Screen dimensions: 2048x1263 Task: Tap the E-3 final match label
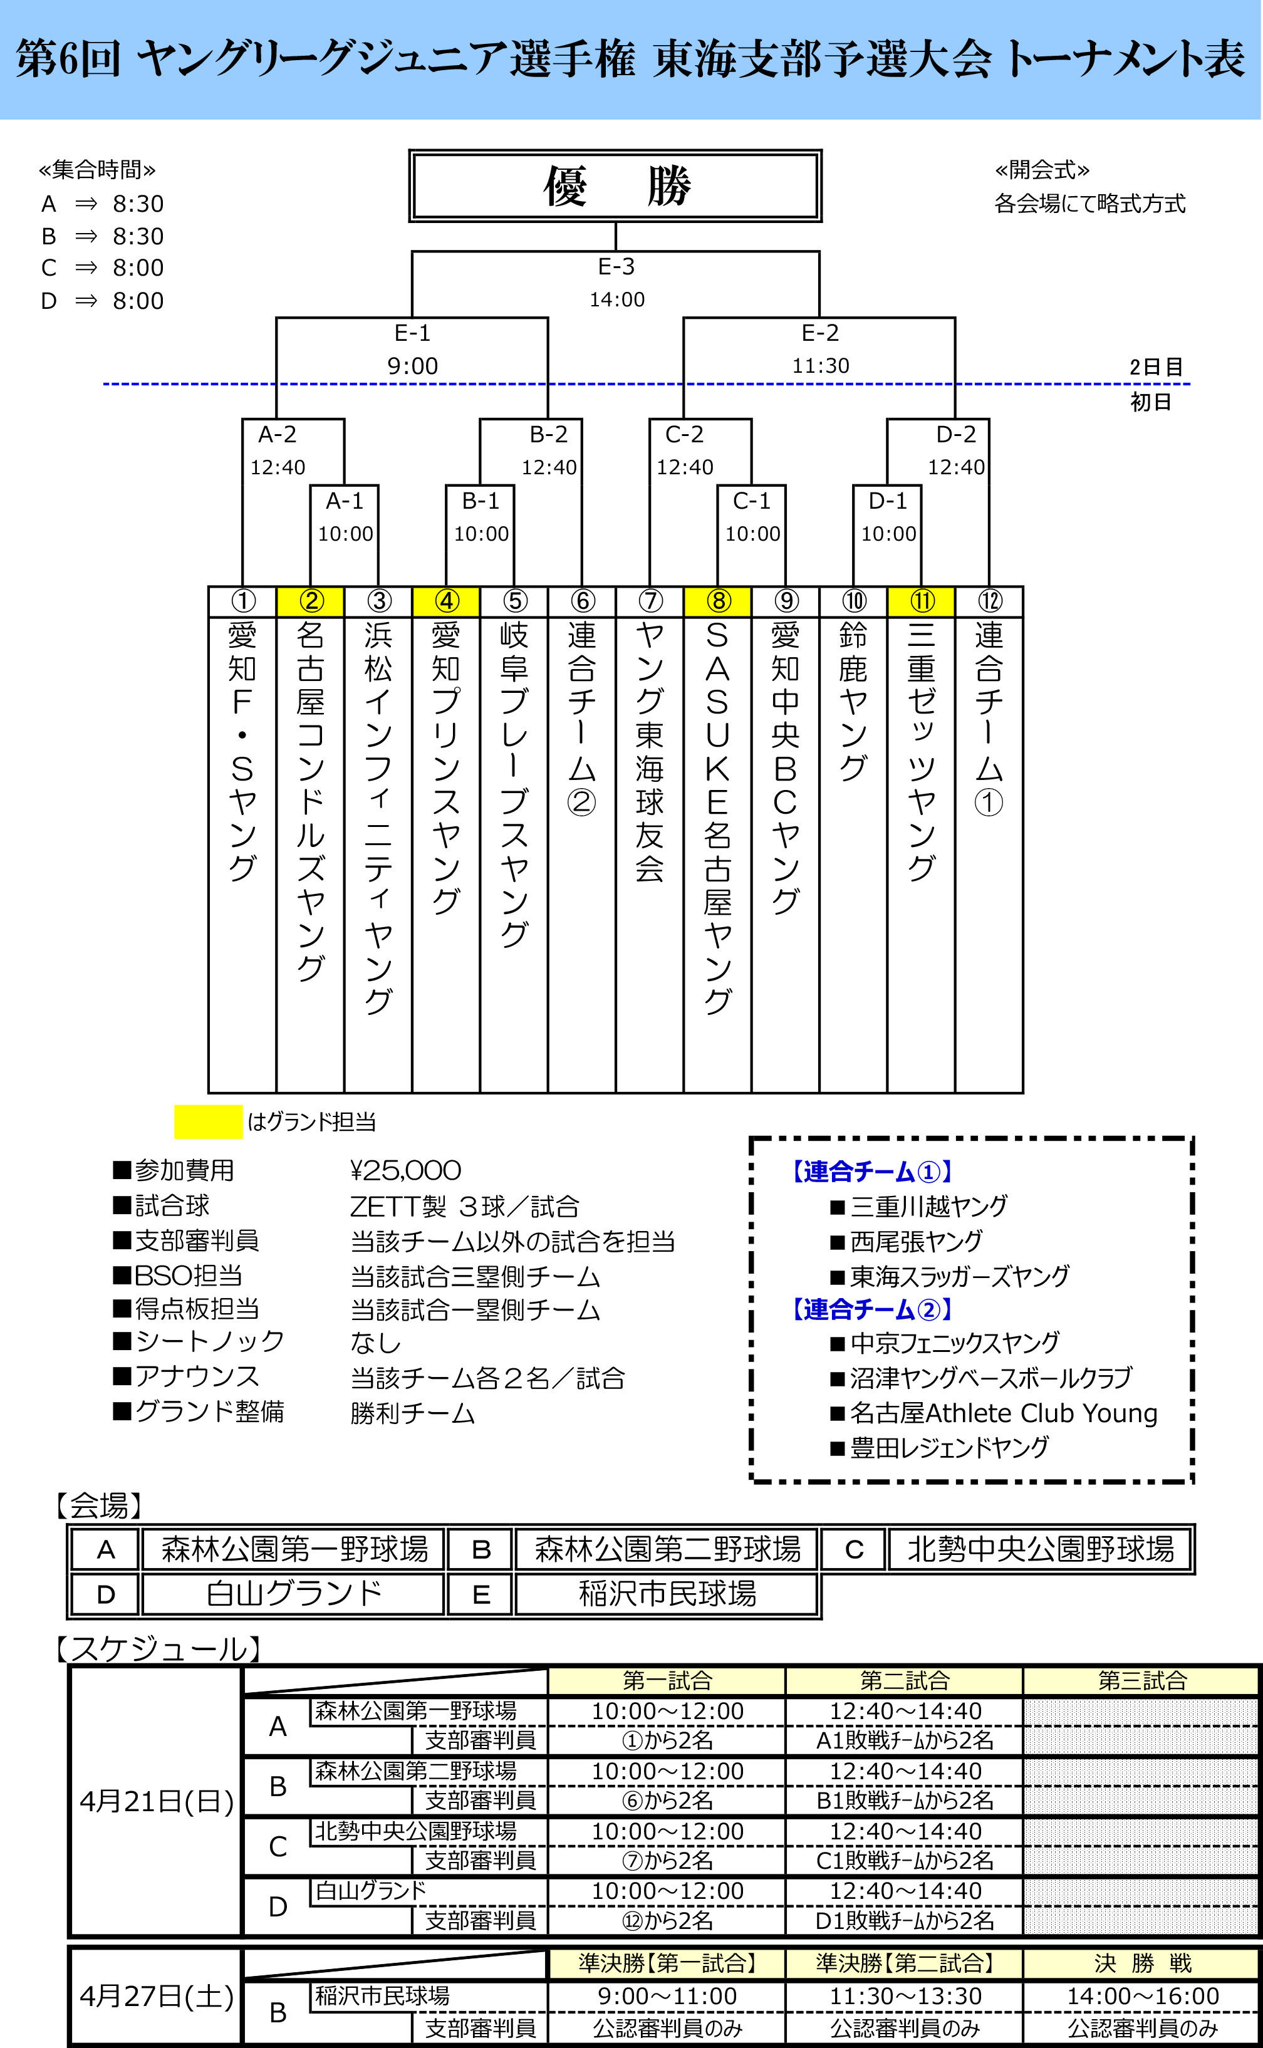pyautogui.click(x=616, y=266)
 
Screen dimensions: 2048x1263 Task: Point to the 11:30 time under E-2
pyautogui.click(x=820, y=366)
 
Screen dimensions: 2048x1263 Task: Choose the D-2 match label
pyautogui.click(x=955, y=434)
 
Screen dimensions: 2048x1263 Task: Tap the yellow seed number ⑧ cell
pyautogui.click(x=717, y=601)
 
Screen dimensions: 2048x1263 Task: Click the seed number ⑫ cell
pyautogui.click(x=989, y=601)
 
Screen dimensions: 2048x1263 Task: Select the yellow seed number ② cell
pyautogui.click(x=310, y=601)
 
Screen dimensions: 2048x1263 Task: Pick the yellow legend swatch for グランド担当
pyautogui.click(x=208, y=1121)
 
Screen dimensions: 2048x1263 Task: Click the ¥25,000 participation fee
pyautogui.click(x=405, y=1170)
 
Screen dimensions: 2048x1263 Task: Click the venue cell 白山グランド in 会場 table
pyautogui.click(x=293, y=1594)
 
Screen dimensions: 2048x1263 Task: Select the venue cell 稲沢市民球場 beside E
pyautogui.click(x=667, y=1594)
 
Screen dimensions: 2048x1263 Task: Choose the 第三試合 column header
pyautogui.click(x=1142, y=1680)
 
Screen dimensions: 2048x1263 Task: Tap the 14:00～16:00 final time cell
pyautogui.click(x=1142, y=1996)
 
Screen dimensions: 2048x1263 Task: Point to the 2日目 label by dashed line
pyautogui.click(x=1155, y=368)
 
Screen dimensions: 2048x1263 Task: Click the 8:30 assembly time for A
pyautogui.click(x=138, y=204)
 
